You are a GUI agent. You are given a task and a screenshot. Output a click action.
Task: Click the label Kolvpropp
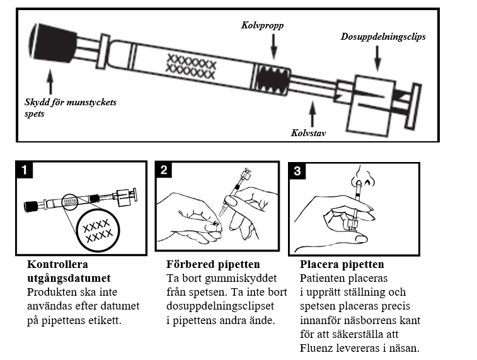262,26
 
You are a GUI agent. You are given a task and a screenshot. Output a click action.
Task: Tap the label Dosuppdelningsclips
383,37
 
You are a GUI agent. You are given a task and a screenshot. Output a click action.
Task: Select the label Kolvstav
309,134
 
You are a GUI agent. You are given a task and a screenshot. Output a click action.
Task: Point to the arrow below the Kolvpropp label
273,47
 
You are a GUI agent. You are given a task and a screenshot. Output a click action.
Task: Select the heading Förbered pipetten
213,264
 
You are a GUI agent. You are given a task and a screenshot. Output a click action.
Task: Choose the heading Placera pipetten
342,264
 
